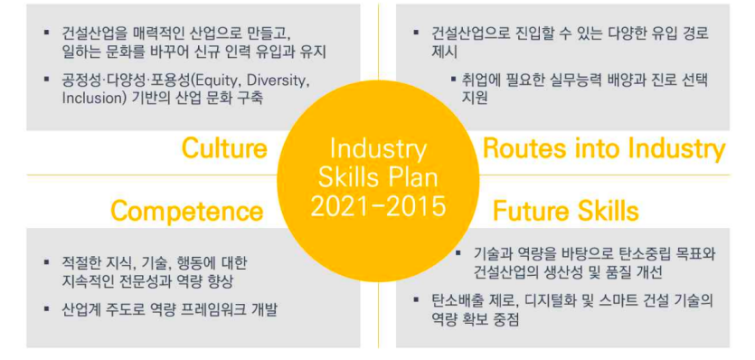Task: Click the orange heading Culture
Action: tap(224, 148)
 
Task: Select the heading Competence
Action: tap(186, 212)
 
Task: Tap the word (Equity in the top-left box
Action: tap(188, 80)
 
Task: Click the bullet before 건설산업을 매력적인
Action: tap(47, 33)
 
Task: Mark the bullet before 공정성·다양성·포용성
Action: tap(47, 80)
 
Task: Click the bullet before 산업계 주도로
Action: tap(47, 309)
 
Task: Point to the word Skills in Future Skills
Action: tap(607, 212)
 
